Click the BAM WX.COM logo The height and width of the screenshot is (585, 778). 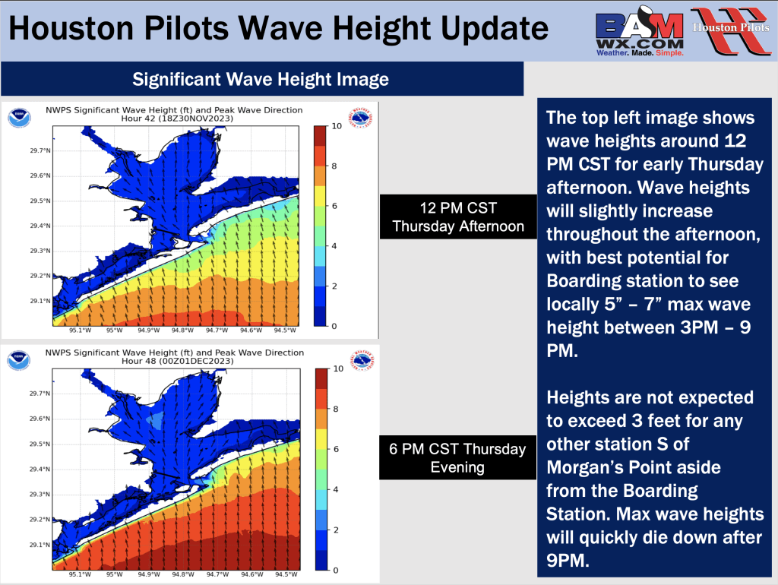pos(640,31)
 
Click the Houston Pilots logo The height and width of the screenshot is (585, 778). pos(731,30)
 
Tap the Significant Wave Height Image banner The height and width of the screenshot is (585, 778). pos(262,79)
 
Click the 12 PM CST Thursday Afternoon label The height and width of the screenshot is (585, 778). pos(458,217)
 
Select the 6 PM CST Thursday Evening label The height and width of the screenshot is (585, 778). pos(457,457)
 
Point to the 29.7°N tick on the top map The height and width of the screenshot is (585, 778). pos(40,150)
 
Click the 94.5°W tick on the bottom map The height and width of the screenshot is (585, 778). pos(286,574)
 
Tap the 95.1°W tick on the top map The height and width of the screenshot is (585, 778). pos(80,330)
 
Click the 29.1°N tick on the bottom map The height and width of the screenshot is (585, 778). pos(40,545)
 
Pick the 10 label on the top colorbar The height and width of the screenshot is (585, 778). pos(337,126)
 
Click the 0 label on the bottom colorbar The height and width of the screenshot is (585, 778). pos(336,570)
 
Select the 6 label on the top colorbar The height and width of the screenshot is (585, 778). pos(334,206)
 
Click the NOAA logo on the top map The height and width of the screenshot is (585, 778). pos(19,118)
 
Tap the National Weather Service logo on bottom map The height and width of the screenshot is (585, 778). pos(362,361)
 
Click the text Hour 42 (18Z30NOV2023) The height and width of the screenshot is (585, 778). pos(177,119)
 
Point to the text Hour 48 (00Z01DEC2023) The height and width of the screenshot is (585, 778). pos(178,361)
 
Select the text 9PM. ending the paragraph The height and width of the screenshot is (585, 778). pos(568,560)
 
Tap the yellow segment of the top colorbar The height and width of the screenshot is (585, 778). pos(320,196)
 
